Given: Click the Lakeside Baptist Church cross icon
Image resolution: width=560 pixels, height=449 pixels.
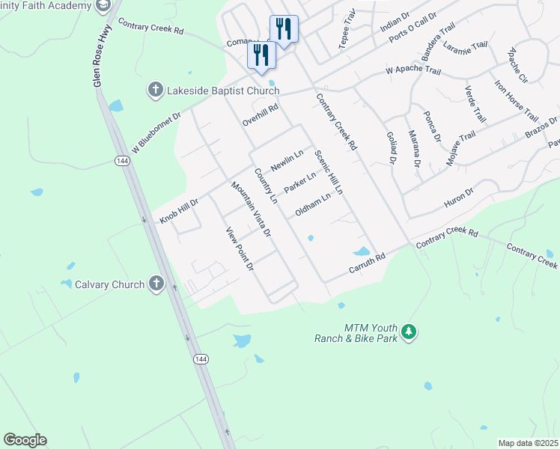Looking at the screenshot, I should click(x=156, y=91).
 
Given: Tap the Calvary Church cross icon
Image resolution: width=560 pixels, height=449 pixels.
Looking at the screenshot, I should click(x=156, y=284).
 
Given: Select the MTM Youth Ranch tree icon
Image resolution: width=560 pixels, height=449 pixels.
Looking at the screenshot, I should click(x=408, y=331).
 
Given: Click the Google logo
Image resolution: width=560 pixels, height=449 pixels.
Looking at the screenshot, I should click(x=25, y=440).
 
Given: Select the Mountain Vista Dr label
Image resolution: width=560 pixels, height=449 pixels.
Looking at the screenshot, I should click(x=251, y=210).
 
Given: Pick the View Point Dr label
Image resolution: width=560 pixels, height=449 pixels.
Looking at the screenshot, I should click(x=241, y=248).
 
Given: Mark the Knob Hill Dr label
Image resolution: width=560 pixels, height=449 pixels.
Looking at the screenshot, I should click(x=178, y=212).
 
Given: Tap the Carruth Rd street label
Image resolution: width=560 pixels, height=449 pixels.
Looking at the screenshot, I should click(x=367, y=263).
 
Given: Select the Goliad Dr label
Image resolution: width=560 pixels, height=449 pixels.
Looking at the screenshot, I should click(x=390, y=147).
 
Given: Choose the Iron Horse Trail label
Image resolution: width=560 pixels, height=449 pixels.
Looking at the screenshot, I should click(x=516, y=101).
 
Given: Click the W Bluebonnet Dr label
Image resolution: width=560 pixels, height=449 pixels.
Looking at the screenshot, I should click(x=156, y=132).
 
